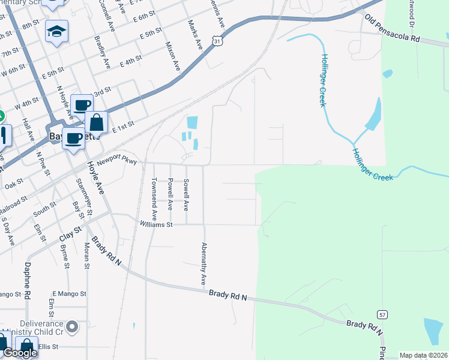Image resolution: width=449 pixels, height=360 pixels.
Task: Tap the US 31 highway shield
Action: (217, 40)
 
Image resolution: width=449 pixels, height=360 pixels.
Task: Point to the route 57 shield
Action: (382, 314)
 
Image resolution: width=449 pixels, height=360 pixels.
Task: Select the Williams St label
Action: (156, 224)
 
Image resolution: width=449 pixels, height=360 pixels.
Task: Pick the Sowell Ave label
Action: (186, 194)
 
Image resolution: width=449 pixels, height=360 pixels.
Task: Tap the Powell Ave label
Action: (170, 194)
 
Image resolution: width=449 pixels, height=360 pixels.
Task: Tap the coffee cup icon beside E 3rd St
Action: (82, 105)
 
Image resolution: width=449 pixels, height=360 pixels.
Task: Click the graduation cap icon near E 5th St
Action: (56, 31)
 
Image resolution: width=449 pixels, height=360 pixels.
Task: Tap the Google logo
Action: (20, 353)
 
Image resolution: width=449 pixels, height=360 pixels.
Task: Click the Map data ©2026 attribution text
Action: (423, 355)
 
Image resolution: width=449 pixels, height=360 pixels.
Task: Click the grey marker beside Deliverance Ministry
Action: (73, 327)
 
